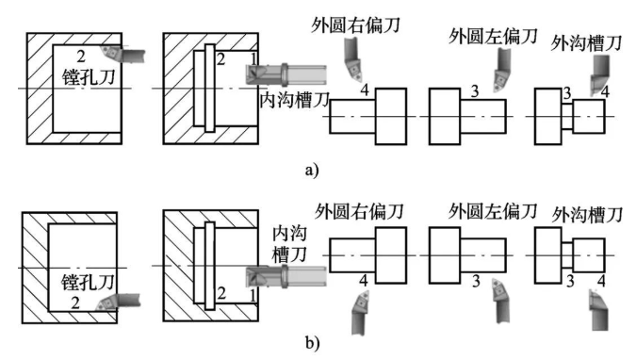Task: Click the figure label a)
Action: tap(312, 170)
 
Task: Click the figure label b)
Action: tap(312, 344)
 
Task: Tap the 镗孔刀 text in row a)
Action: tap(89, 76)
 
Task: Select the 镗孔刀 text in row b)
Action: tap(88, 283)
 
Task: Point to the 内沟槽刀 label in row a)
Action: tap(295, 99)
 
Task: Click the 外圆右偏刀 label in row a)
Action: tap(356, 25)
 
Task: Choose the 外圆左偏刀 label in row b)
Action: tap(493, 211)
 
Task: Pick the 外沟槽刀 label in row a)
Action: tap(586, 43)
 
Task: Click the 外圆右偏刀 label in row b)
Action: tap(359, 211)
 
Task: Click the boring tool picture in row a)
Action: tap(122, 55)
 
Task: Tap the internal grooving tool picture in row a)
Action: tap(285, 74)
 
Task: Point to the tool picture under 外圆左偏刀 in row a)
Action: tap(502, 70)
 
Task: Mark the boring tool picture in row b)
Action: tap(118, 303)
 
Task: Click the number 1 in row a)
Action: tap(253, 58)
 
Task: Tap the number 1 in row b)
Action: tap(253, 296)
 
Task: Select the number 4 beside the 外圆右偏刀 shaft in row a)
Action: tap(365, 90)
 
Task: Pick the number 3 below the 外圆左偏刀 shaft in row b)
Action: tap(476, 281)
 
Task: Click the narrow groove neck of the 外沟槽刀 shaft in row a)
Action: tap(567, 117)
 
